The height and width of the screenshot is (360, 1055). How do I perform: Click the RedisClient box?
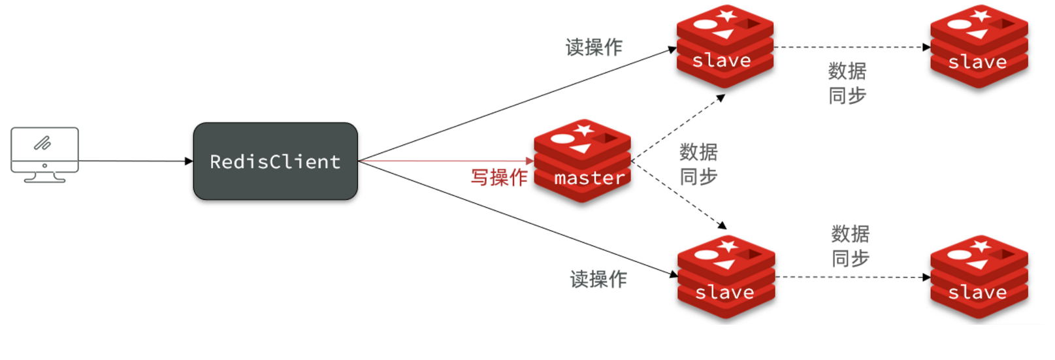(275, 161)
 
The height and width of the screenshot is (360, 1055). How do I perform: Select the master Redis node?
(582, 161)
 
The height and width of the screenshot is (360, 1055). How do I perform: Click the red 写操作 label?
(499, 177)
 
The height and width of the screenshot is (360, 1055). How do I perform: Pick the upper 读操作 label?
(594, 47)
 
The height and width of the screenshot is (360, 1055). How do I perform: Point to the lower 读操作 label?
(598, 279)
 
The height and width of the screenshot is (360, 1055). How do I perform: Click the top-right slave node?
(979, 47)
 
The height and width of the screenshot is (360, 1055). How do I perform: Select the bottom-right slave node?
(979, 277)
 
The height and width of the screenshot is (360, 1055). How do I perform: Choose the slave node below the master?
(726, 277)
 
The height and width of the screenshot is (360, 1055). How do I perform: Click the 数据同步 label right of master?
(698, 164)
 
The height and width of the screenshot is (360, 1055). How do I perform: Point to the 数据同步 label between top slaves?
(847, 83)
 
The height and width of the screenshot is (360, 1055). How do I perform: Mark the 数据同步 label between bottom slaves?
(850, 246)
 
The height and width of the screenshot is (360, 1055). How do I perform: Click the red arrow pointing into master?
(451, 161)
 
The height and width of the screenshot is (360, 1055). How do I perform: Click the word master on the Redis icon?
(589, 178)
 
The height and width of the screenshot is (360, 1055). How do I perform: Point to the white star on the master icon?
(583, 129)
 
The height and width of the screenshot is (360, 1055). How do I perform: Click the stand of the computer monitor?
(44, 177)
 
